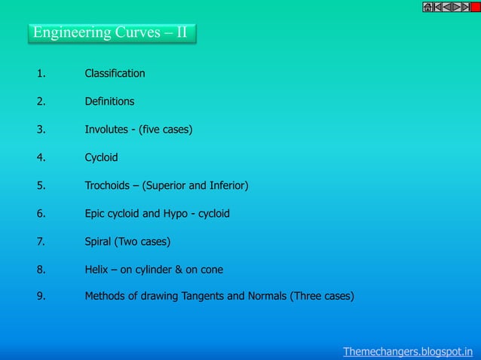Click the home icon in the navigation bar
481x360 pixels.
427,7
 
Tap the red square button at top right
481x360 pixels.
475,7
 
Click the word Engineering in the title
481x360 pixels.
72,33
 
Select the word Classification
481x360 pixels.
115,74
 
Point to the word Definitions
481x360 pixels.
109,102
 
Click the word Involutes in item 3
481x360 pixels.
106,130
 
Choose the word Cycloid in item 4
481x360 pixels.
101,158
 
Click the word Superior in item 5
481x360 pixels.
166,185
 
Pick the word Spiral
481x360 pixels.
99,242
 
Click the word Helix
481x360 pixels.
97,270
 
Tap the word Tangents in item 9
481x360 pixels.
203,296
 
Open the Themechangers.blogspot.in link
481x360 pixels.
408,351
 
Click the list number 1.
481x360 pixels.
41,74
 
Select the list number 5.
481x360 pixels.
41,185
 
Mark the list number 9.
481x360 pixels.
41,296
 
